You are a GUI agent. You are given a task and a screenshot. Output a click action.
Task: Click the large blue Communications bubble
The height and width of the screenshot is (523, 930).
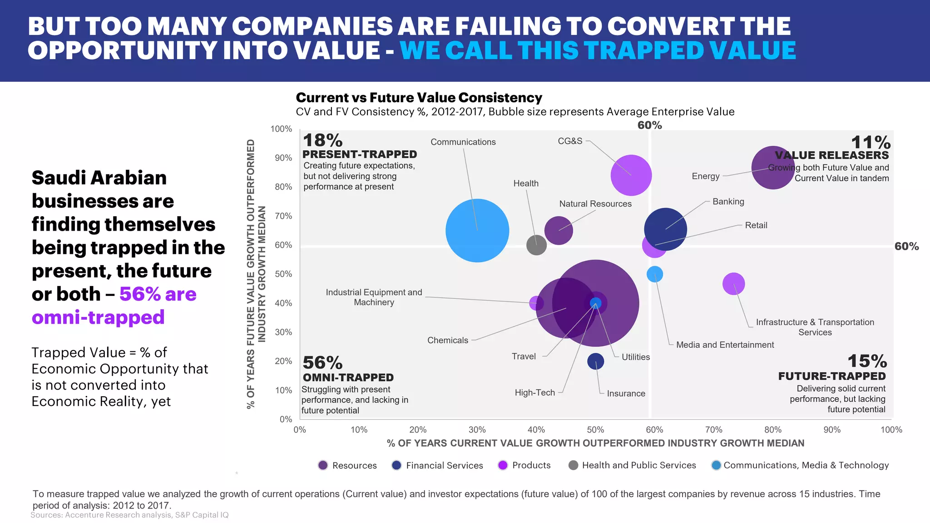[x=477, y=231]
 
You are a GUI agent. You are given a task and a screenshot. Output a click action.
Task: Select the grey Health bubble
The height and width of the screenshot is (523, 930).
[x=536, y=245]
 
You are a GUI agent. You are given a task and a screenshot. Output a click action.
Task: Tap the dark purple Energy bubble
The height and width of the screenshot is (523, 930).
[x=773, y=168]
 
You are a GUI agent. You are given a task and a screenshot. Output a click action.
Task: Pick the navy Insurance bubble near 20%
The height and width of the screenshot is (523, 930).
[x=595, y=361]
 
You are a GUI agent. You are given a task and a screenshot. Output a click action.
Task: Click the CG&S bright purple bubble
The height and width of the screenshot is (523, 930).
[x=631, y=175]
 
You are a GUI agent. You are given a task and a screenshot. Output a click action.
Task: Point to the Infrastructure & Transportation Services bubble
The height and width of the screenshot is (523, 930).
[x=733, y=284]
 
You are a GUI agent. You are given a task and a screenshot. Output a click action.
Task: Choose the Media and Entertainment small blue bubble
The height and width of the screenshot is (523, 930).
[x=654, y=274]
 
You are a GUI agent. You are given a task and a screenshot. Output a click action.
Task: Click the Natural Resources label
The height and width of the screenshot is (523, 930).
[x=595, y=204]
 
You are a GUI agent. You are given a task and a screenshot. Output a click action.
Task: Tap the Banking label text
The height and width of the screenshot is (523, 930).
[x=728, y=202]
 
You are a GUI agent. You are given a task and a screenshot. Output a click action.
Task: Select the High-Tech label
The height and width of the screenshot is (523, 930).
[x=534, y=393]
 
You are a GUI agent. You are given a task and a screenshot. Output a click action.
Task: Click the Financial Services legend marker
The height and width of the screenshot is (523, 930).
[x=396, y=465]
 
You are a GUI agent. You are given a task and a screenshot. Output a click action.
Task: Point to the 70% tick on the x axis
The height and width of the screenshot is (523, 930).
[x=713, y=430]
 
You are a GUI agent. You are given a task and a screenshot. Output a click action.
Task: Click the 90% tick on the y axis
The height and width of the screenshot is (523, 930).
[x=283, y=158]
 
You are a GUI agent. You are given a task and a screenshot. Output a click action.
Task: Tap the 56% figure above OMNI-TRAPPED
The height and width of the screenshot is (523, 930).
[x=322, y=363]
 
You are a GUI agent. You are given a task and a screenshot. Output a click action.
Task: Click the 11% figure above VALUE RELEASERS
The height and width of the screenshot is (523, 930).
[x=870, y=142]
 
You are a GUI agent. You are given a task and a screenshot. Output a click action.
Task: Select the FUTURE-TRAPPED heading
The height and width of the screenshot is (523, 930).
[x=831, y=376]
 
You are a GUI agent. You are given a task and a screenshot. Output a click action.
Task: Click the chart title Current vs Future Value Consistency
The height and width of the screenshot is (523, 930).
[x=419, y=98]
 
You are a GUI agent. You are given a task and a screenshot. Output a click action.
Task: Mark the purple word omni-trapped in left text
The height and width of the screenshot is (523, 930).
[x=98, y=317]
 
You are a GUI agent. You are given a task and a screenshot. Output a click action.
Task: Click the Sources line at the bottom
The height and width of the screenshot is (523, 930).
[x=129, y=515]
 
